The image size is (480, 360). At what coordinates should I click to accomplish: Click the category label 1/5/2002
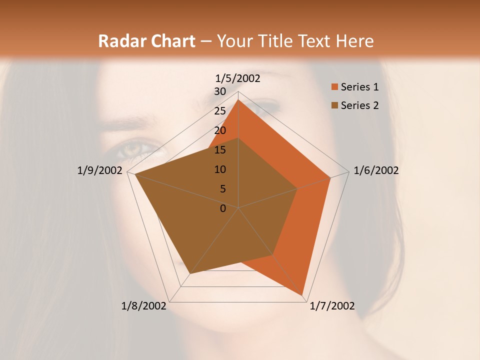coord(238,78)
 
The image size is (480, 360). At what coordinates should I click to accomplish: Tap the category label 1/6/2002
coord(376,170)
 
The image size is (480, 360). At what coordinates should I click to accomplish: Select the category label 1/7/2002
coord(332,306)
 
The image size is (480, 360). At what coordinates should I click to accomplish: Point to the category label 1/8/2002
coord(144,306)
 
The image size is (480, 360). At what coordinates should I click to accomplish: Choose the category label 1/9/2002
coord(100,170)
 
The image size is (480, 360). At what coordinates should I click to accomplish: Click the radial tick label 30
coord(220,91)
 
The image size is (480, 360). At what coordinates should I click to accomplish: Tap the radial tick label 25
coord(220,111)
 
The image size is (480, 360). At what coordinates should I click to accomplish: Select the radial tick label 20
coord(220,130)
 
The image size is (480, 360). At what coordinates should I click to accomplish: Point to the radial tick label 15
coord(220,150)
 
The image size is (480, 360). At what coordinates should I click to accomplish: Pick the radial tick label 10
coord(220,169)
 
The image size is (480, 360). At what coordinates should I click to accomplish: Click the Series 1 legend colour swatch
coord(333,87)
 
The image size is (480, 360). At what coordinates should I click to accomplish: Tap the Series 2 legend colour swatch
coord(333,105)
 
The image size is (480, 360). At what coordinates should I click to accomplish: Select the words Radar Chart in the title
coord(146,41)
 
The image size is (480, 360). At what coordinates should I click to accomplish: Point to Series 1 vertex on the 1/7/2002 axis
coord(302,295)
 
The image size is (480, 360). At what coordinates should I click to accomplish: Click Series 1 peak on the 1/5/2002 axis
coord(238,100)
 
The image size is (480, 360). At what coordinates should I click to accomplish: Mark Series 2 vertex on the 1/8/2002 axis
coord(190,273)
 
